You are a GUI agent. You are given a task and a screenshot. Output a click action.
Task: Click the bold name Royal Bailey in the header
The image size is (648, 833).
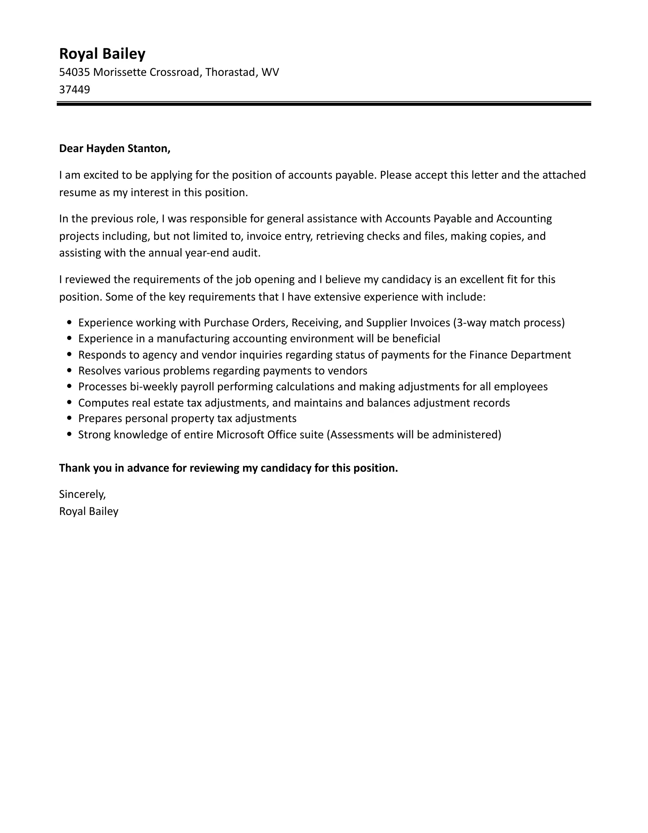point(102,54)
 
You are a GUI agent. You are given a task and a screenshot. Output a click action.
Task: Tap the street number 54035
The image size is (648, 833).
point(74,72)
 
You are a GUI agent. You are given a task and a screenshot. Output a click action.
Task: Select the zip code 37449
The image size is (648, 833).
point(74,90)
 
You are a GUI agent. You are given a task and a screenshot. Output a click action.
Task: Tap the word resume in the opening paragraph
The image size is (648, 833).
point(77,193)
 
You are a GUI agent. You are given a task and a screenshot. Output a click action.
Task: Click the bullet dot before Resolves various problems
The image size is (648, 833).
point(70,371)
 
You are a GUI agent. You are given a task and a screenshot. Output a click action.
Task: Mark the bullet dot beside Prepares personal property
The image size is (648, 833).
point(70,418)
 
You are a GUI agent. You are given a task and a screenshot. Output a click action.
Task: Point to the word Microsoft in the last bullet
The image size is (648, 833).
point(240,435)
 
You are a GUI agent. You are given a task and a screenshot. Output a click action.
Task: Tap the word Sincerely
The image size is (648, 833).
point(82,494)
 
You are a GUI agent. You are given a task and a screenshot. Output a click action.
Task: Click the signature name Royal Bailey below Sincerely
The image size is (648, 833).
point(89,511)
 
